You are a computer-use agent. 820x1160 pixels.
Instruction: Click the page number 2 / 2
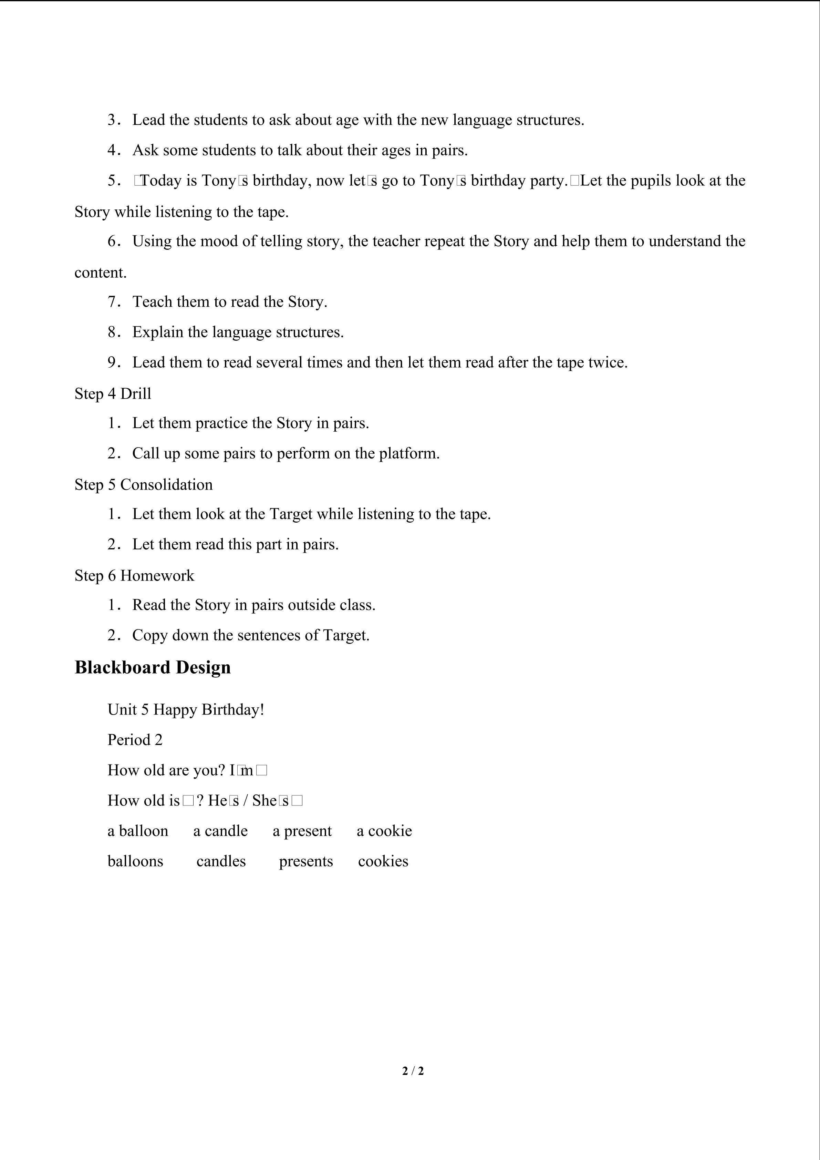[x=413, y=1070]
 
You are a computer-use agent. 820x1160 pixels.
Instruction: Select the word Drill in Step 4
[x=136, y=393]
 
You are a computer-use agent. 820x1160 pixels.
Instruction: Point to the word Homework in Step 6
[x=157, y=575]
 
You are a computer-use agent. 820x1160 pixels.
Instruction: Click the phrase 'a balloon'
[x=138, y=831]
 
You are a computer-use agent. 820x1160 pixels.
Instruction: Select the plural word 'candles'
[x=221, y=861]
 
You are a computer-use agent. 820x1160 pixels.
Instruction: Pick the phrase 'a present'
[x=302, y=831]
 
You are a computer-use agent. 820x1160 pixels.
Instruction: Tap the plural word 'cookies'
[x=383, y=861]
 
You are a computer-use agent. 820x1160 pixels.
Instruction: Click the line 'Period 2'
[x=135, y=740]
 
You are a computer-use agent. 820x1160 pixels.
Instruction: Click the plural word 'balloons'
[x=135, y=861]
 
